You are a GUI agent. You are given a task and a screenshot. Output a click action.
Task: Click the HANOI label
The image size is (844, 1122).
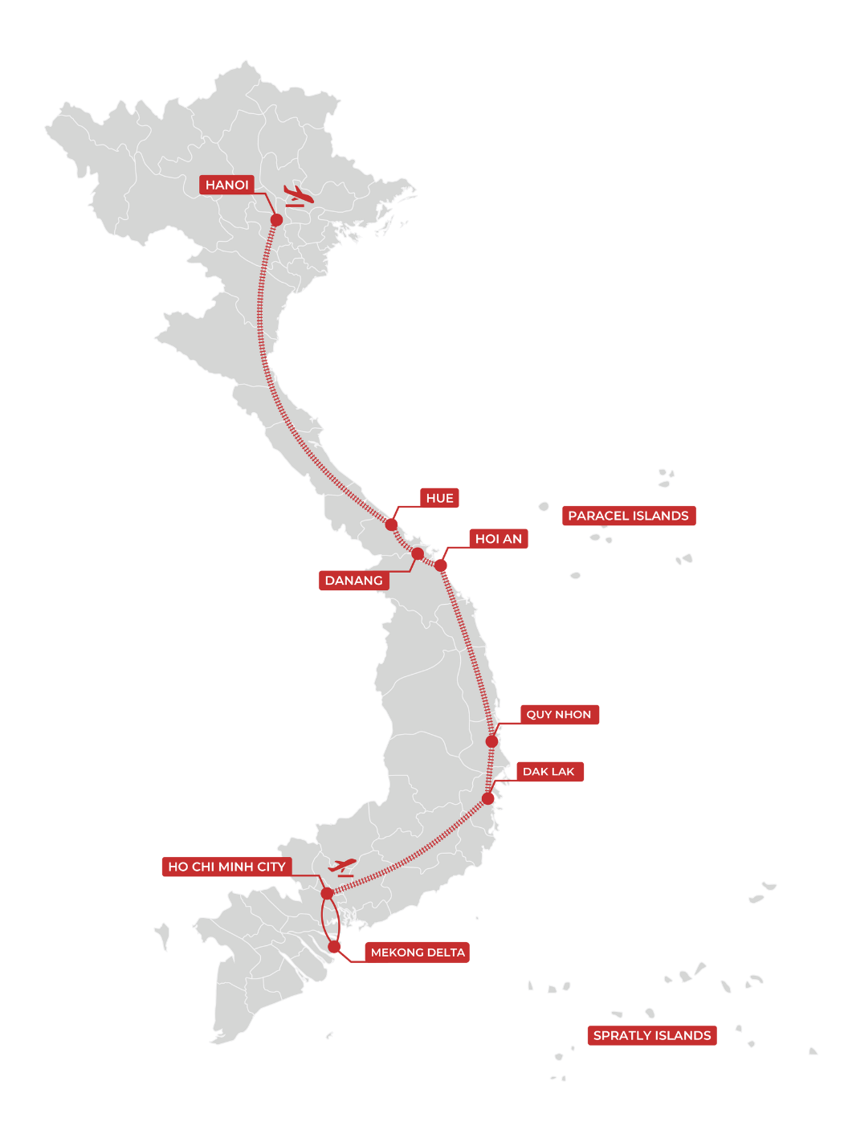point(227,186)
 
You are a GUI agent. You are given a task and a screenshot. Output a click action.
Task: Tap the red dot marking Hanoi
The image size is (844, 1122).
point(276,219)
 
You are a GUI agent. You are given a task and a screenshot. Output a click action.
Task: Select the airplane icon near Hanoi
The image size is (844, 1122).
point(298,195)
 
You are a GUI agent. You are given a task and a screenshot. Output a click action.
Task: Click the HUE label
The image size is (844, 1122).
point(439,498)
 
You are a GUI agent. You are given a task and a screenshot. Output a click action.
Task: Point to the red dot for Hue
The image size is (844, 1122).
point(391,524)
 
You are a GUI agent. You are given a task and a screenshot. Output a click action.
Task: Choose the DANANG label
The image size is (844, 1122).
point(353,581)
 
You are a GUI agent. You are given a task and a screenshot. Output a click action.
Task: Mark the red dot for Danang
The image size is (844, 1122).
point(418,553)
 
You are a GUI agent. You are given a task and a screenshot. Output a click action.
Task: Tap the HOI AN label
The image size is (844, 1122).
point(498,539)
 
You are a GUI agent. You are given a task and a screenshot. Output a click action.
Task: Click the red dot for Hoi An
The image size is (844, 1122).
point(441,565)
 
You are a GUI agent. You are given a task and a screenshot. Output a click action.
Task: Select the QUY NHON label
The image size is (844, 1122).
point(559,715)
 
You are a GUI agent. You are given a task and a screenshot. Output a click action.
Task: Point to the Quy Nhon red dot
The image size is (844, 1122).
point(492,741)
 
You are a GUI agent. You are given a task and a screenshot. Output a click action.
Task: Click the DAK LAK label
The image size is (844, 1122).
point(548,772)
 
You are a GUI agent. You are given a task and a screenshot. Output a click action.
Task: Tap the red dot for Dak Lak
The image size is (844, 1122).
point(488,798)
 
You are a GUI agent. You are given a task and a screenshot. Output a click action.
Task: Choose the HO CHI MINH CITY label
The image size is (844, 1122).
point(226,867)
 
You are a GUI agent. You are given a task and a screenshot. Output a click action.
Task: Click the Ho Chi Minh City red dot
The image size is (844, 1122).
point(327,893)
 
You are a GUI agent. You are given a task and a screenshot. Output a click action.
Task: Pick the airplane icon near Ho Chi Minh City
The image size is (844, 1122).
point(342,867)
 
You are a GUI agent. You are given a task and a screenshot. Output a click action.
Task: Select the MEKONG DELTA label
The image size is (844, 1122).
point(418,953)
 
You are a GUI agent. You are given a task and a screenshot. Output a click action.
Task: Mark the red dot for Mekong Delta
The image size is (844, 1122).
point(334,947)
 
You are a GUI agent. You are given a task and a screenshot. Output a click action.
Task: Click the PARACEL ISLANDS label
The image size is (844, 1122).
point(628,516)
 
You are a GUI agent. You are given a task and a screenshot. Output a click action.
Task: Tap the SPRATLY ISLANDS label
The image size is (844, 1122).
point(652,1035)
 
